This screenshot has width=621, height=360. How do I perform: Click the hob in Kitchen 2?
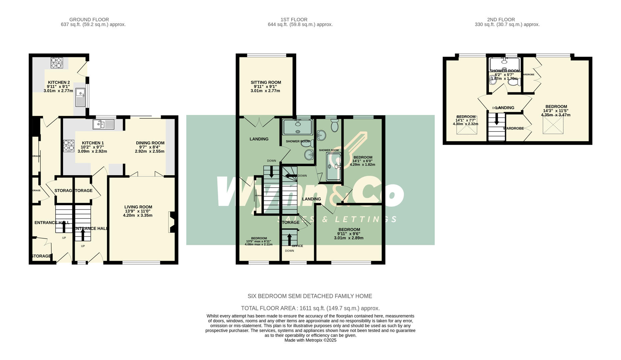coord(57,63)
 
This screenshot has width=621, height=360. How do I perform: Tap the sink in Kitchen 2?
coord(80,97)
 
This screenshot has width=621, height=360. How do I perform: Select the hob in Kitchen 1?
coord(69,146)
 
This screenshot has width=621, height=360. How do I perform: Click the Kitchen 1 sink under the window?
coord(103,124)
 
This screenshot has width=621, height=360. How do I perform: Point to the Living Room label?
coord(138,211)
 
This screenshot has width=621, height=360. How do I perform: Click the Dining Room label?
coord(150,147)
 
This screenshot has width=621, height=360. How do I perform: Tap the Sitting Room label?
coord(265,86)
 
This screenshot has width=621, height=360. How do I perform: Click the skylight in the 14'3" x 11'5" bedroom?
coord(553,125)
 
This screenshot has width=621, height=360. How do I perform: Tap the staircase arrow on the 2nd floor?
coord(497,120)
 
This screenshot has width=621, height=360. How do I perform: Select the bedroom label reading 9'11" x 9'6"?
coord(349,233)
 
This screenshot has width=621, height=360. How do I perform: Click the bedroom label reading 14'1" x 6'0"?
coord(363,161)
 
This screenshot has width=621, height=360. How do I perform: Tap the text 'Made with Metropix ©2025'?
coord(310,340)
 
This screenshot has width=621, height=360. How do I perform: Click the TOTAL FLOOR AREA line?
coord(310,308)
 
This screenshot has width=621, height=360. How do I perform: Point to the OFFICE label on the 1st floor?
coord(297,246)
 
